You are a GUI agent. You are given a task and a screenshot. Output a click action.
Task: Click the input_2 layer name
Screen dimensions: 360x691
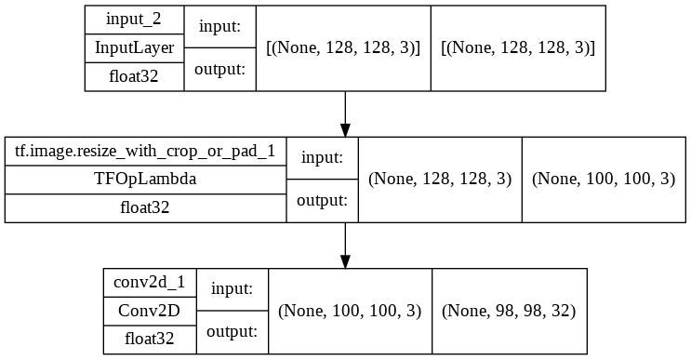click(x=134, y=19)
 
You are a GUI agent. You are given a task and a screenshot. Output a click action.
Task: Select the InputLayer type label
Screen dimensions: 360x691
click(x=134, y=47)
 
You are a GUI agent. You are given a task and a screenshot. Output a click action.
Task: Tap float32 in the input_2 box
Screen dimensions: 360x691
click(x=134, y=76)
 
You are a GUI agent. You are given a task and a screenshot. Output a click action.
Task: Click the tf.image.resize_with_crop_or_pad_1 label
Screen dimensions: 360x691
click(x=145, y=152)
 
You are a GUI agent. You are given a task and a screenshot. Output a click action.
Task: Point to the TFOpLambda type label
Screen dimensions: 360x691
click(x=145, y=180)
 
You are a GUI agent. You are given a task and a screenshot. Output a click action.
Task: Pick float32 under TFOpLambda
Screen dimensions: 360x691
click(x=145, y=208)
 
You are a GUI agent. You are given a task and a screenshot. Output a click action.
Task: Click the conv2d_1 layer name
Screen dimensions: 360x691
click(x=150, y=283)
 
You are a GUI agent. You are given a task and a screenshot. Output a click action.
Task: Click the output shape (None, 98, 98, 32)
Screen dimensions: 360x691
click(x=509, y=312)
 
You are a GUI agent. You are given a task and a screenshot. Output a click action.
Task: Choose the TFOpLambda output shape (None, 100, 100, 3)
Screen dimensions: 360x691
click(x=603, y=180)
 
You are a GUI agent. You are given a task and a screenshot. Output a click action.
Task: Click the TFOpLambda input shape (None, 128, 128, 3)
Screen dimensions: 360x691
click(x=440, y=180)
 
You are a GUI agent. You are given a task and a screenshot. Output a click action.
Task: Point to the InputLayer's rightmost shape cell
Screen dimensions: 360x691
click(x=517, y=47)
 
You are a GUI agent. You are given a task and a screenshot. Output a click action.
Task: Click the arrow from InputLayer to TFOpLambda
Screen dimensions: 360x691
click(x=345, y=113)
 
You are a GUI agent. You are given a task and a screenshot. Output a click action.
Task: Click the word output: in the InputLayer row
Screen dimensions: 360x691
click(x=219, y=68)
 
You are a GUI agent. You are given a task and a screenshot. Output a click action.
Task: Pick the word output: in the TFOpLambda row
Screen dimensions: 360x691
click(x=322, y=200)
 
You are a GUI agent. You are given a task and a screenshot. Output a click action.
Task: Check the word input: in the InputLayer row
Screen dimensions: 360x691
click(x=219, y=27)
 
